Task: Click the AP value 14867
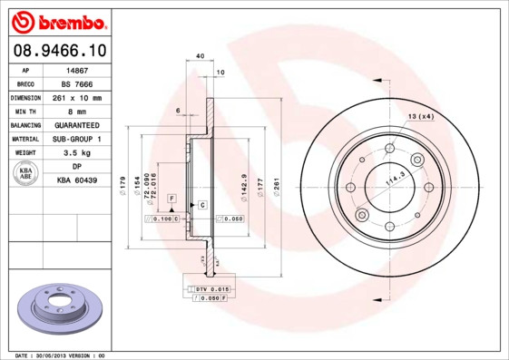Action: click(x=77, y=68)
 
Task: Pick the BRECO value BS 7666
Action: click(x=77, y=82)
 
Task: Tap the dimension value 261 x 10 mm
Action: click(x=77, y=96)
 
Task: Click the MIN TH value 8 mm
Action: click(x=77, y=111)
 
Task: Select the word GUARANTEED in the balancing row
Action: click(x=77, y=125)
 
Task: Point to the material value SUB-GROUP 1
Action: click(x=77, y=139)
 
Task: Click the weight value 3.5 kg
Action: click(x=77, y=153)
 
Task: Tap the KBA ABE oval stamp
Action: click(x=25, y=174)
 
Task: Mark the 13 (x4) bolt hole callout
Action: click(x=421, y=116)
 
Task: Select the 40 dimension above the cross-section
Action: click(x=198, y=56)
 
